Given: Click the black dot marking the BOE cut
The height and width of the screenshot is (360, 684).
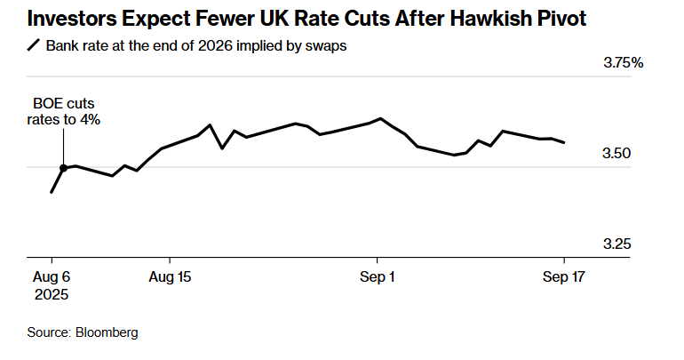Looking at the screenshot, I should (64, 167).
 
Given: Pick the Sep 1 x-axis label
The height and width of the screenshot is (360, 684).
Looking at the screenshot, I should (377, 276).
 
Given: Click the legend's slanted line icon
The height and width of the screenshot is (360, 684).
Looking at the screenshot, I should (34, 46).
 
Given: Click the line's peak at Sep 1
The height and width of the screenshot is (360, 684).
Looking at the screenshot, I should (380, 118).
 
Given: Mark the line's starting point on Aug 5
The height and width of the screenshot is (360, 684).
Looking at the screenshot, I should (52, 192).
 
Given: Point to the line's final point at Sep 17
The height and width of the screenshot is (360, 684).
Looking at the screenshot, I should (564, 142).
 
